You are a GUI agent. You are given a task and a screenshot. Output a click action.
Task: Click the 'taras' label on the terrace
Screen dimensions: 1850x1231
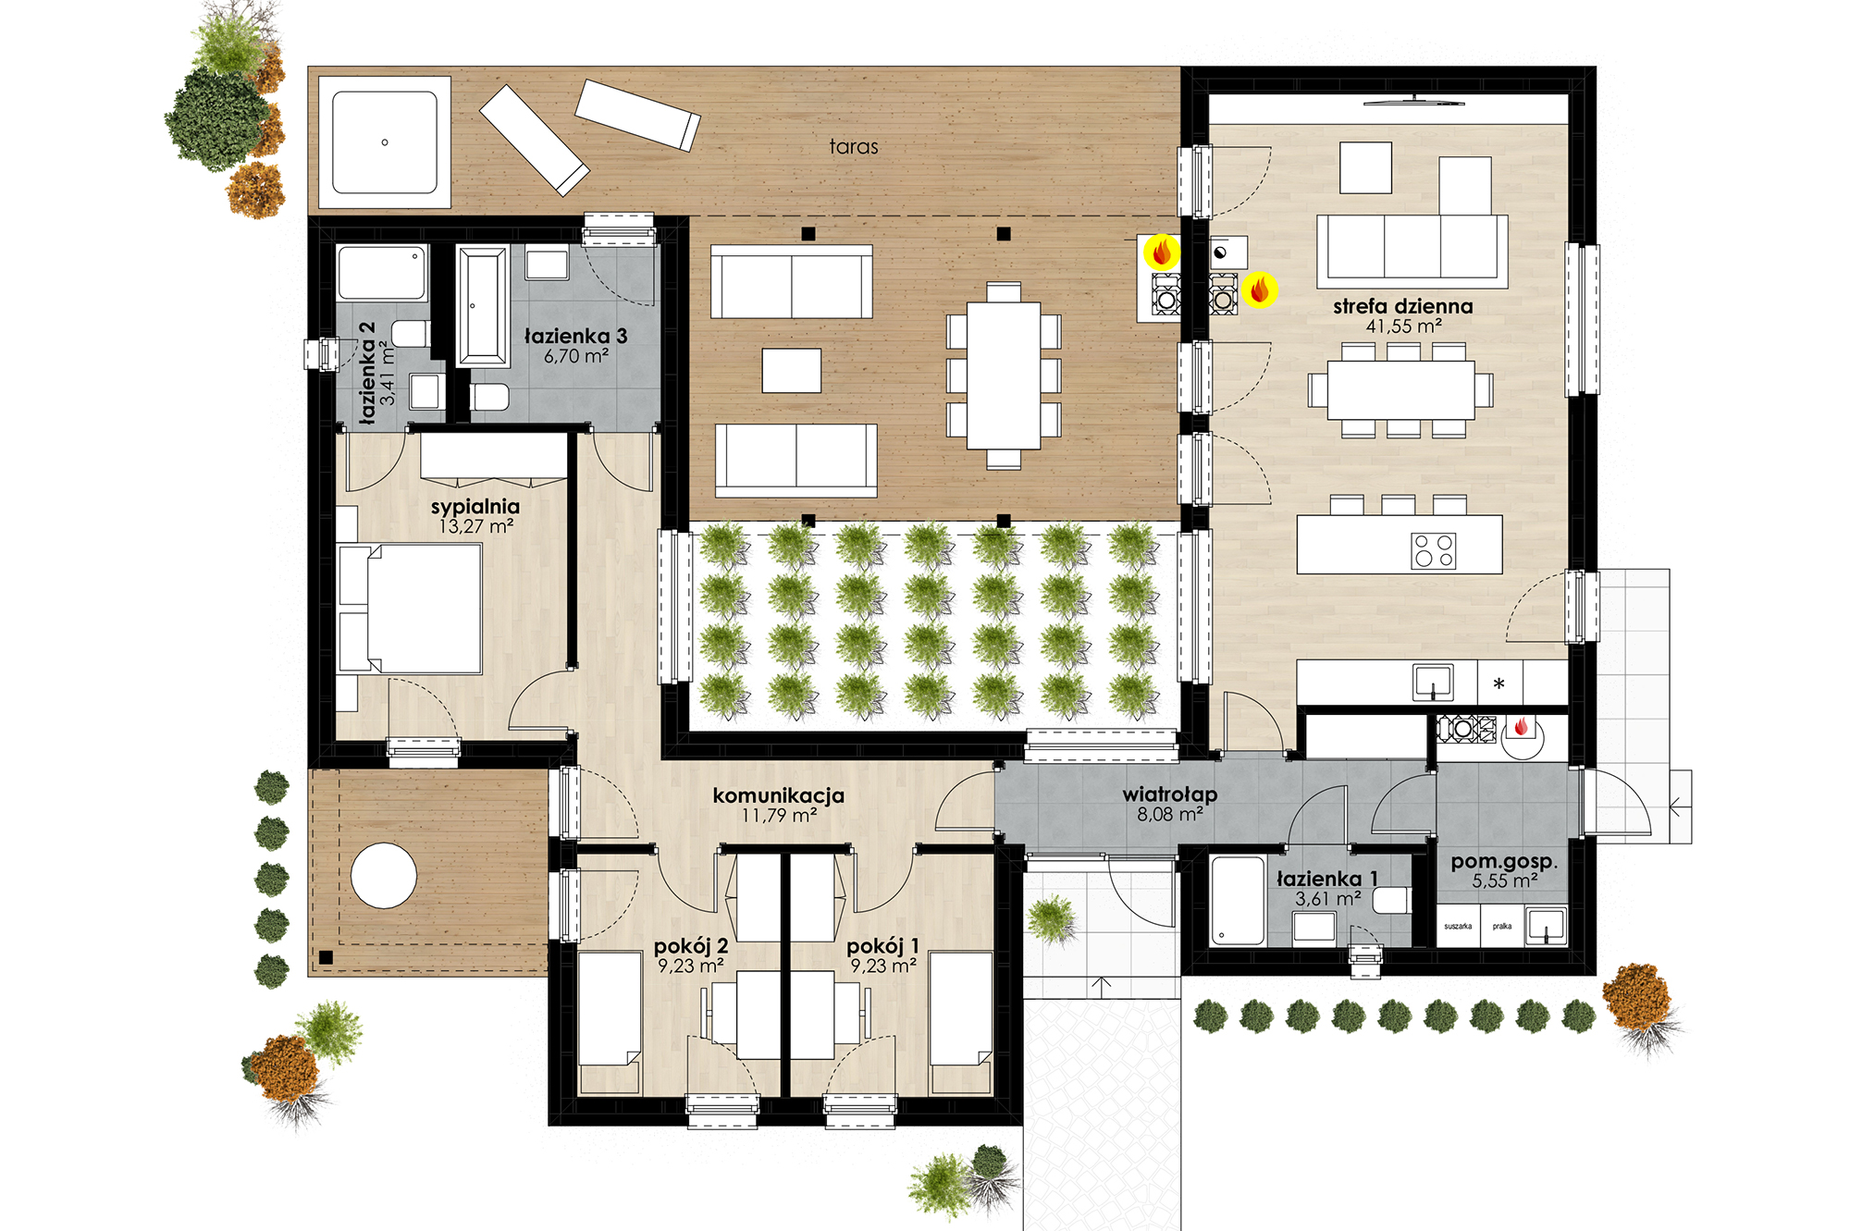[853, 146]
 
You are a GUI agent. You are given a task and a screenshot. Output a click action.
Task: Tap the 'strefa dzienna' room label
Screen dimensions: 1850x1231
[1402, 306]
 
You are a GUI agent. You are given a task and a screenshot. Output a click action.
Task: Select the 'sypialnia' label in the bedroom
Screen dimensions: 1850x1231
[475, 507]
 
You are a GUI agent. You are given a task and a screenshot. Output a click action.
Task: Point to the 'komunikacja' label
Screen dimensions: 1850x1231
[778, 795]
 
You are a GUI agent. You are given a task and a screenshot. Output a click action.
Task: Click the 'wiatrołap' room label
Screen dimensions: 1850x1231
[1169, 794]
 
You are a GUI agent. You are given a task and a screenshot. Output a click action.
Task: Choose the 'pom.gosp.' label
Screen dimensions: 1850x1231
[1504, 862]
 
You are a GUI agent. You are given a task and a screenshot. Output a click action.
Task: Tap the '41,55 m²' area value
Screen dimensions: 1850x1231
[1403, 326]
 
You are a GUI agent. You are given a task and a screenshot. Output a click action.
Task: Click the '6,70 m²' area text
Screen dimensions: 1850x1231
[575, 356]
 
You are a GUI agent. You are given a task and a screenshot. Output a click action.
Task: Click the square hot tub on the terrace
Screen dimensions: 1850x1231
[385, 142]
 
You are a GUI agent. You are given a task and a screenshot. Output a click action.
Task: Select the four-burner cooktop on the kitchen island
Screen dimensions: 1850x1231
[1433, 550]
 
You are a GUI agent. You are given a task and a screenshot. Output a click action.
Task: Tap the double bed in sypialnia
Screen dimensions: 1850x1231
[410, 608]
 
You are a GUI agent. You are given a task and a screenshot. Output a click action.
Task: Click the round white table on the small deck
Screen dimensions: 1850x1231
[384, 875]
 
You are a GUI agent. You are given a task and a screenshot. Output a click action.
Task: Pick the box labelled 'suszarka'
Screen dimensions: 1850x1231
[1458, 926]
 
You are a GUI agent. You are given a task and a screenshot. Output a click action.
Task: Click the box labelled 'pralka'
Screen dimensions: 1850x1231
[1502, 926]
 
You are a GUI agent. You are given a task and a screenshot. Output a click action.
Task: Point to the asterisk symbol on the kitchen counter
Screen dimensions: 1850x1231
[1498, 684]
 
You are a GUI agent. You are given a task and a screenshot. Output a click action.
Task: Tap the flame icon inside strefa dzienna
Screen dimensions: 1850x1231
[1259, 289]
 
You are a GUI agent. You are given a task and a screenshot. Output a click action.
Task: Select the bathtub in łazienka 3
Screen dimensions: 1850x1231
[483, 306]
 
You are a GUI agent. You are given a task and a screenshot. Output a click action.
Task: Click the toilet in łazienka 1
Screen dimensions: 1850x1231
[1391, 900]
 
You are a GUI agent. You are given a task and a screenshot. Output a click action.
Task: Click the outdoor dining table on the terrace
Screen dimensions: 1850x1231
[1004, 375]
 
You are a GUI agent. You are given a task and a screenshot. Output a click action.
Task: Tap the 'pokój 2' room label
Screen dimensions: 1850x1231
[690, 946]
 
